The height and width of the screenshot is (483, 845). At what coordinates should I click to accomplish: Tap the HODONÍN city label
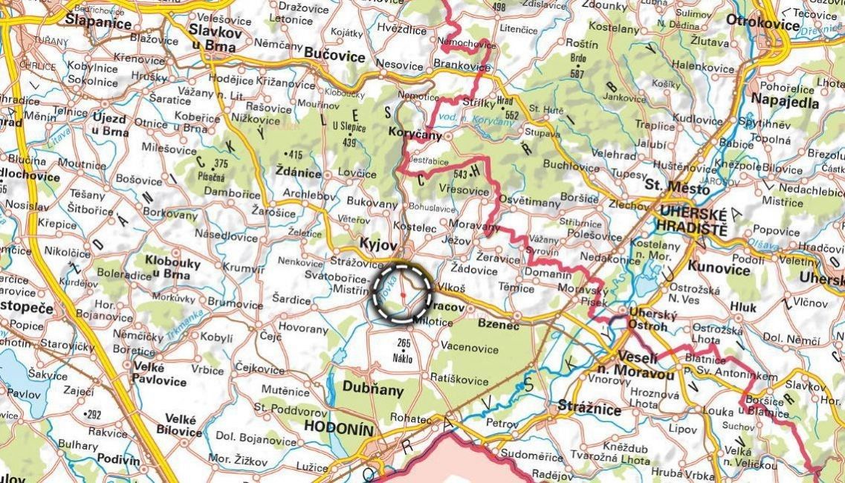[340, 429]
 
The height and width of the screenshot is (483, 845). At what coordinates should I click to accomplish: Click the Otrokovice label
[765, 20]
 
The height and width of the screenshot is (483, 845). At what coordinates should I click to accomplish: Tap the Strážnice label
[583, 407]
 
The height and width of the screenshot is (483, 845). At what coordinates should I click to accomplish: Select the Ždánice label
[297, 173]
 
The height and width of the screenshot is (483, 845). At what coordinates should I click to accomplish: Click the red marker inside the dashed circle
[402, 295]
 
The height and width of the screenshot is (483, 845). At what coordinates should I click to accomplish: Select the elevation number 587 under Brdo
[576, 74]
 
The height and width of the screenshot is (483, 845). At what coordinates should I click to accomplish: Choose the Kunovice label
[719, 268]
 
